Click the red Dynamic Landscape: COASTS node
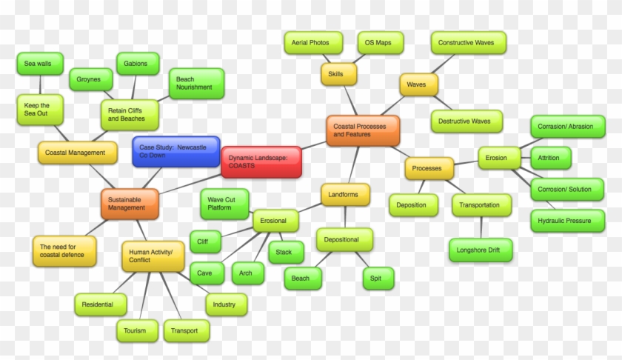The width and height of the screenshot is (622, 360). (x=261, y=161)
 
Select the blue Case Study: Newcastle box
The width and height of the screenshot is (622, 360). (x=176, y=151)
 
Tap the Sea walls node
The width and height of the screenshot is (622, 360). (x=38, y=64)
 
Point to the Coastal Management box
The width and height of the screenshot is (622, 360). (x=77, y=153)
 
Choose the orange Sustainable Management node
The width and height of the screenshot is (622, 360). (x=130, y=204)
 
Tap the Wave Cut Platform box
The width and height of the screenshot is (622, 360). (x=224, y=204)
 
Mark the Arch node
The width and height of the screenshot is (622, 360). (x=246, y=273)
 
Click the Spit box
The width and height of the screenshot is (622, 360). (x=378, y=279)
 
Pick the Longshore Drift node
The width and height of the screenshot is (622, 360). (x=479, y=250)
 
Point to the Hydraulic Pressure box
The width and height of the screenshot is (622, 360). (x=565, y=221)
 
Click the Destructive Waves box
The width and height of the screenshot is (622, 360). (x=465, y=121)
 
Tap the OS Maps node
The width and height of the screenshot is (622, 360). (x=378, y=43)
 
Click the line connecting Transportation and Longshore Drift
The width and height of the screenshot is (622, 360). (x=481, y=227)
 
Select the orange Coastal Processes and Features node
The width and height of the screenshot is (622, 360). (x=363, y=130)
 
